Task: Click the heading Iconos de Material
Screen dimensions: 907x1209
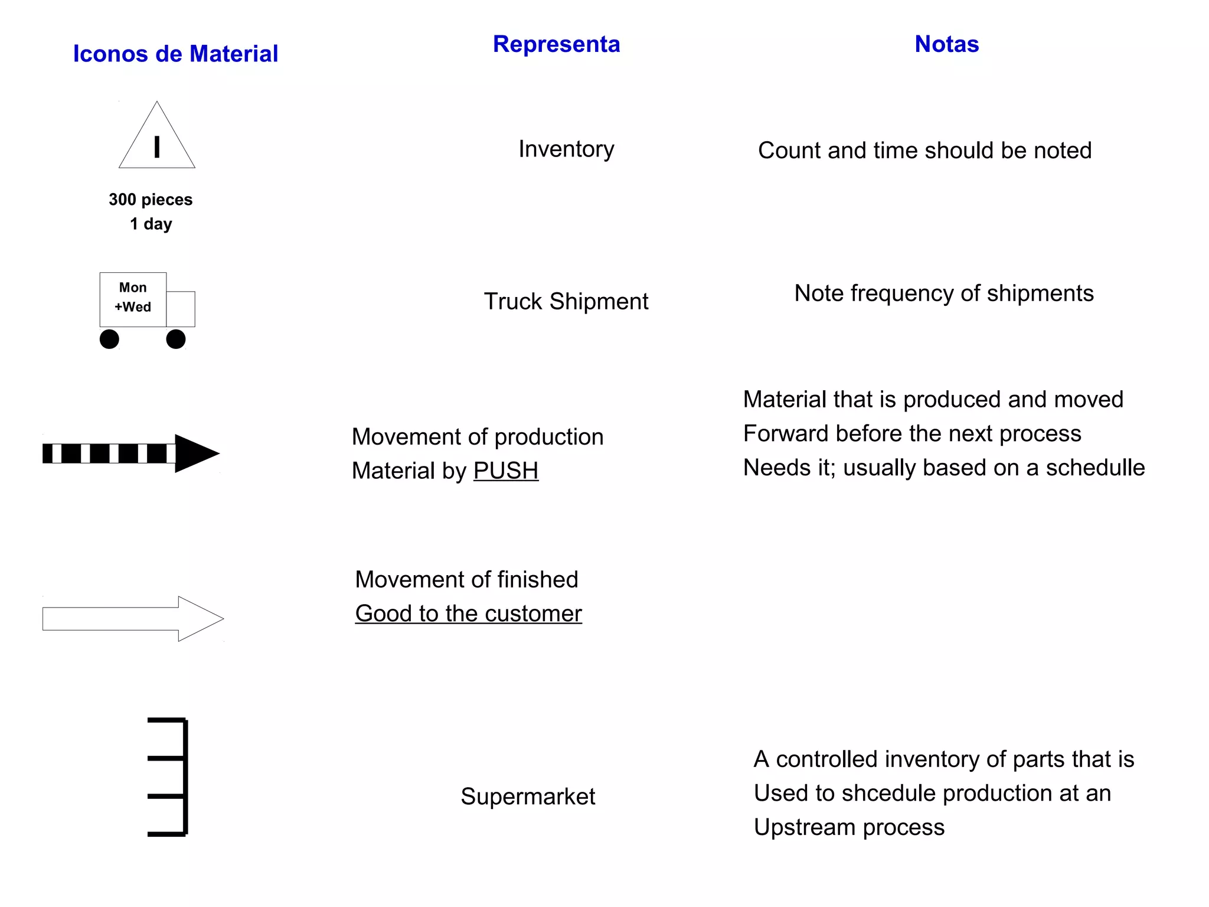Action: [175, 54]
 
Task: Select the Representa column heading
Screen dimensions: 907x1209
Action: [556, 44]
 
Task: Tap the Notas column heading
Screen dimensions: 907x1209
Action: [946, 44]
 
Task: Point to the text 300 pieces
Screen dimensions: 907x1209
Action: [151, 200]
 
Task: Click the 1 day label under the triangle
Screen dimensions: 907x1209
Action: [151, 224]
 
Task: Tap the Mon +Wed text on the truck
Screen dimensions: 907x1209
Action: [133, 298]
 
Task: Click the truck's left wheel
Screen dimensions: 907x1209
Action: [109, 339]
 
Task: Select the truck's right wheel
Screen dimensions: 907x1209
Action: [176, 339]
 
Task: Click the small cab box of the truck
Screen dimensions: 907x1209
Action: [181, 309]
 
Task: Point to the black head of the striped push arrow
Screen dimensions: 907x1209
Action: [195, 453]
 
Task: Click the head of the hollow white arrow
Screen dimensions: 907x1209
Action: [199, 618]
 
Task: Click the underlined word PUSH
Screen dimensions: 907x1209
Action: [505, 471]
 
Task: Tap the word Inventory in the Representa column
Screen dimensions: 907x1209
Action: [566, 149]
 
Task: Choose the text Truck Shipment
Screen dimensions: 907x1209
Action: [566, 302]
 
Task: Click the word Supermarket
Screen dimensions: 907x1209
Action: [528, 797]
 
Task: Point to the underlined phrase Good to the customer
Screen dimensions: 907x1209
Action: [468, 614]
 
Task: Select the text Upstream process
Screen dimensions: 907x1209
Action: [849, 827]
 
